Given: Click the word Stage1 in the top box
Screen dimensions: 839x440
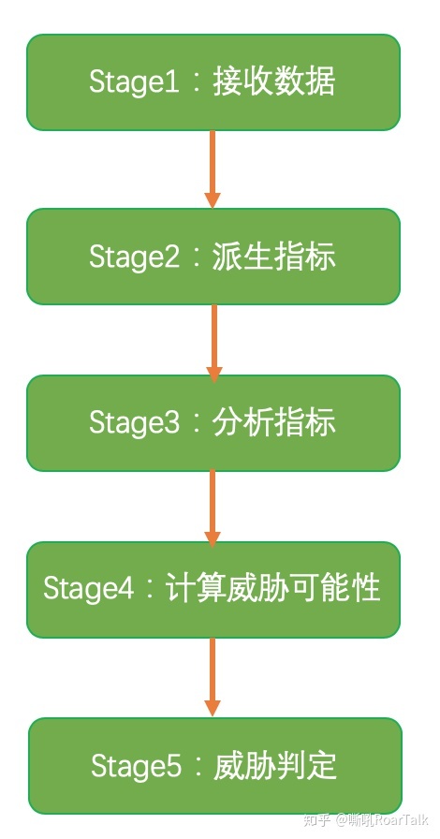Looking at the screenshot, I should click(x=133, y=82).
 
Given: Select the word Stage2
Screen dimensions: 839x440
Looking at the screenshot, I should click(x=133, y=257).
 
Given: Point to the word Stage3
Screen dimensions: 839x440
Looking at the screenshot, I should click(x=133, y=423).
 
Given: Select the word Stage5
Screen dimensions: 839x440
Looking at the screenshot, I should click(x=135, y=767).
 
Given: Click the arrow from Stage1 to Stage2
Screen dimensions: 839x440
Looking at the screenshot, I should click(x=213, y=169).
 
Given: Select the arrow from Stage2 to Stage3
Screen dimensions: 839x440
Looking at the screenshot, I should click(x=214, y=341).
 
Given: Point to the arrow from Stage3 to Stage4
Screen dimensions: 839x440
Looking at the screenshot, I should click(x=213, y=507).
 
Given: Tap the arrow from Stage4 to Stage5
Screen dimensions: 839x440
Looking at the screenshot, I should click(x=213, y=677).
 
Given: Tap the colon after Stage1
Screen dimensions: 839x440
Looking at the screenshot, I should click(x=196, y=83).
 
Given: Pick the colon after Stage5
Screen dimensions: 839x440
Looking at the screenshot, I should click(x=198, y=768).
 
